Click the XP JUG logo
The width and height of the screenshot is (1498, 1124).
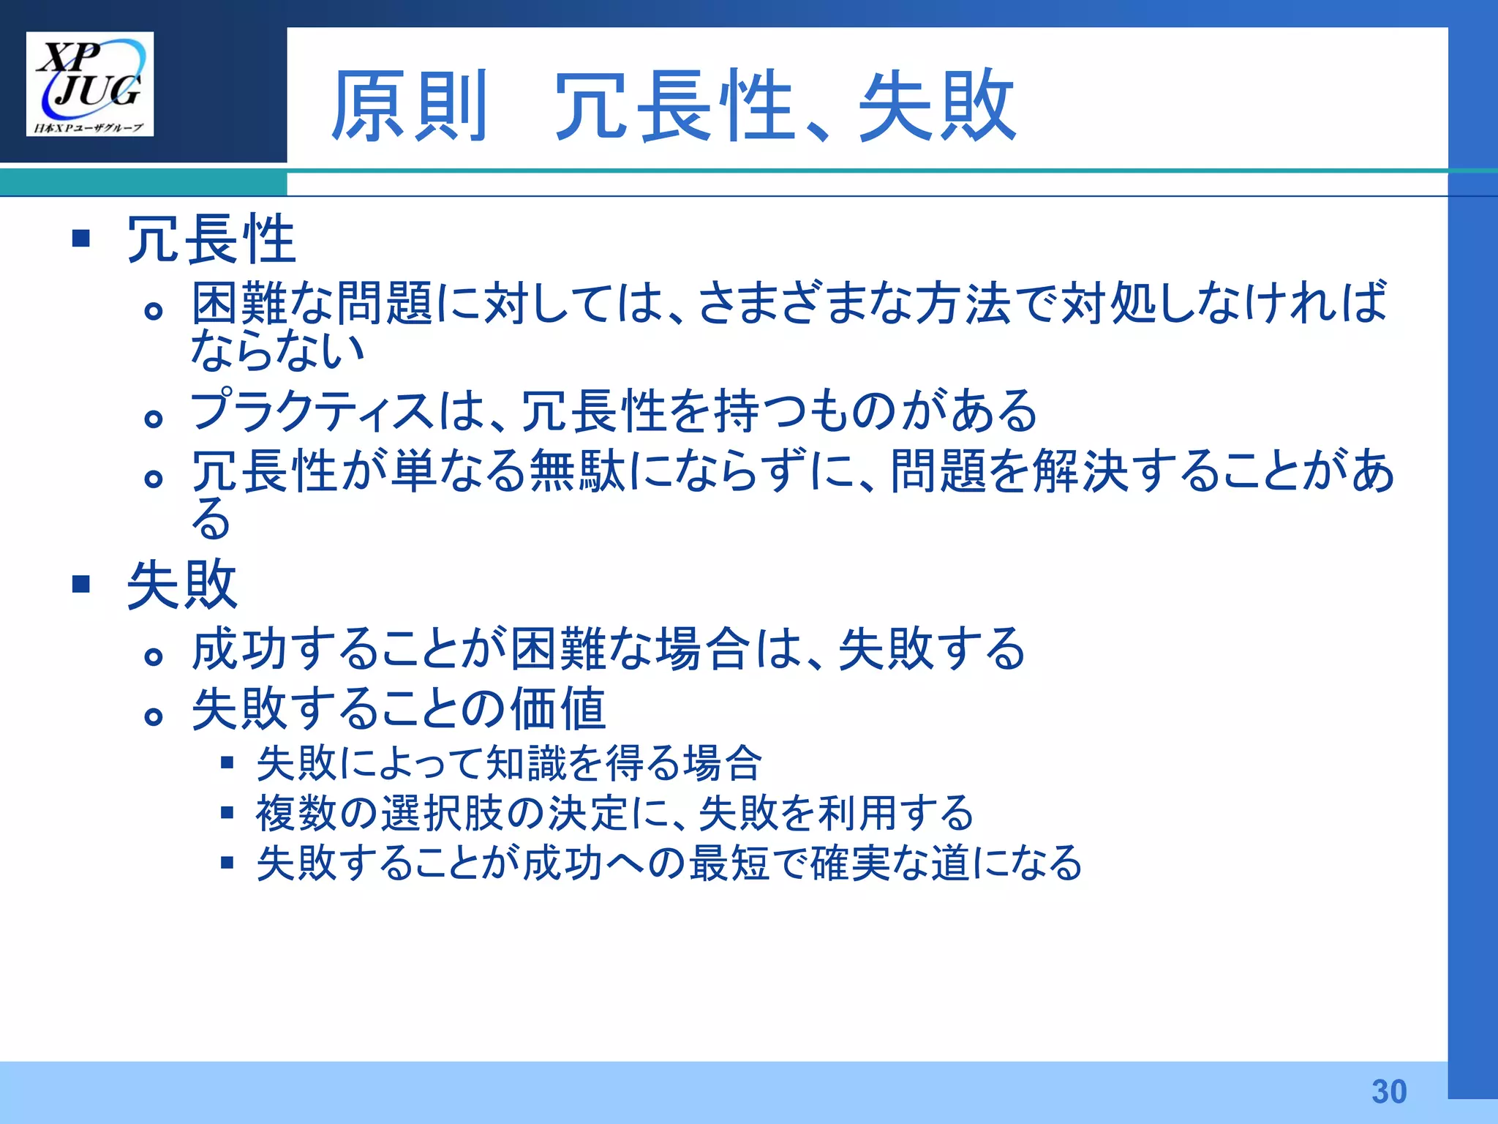(90, 83)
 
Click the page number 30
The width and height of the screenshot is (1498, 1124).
(1389, 1092)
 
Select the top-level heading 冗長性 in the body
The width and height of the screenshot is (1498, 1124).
(211, 239)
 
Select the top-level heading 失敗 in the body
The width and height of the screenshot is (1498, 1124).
(182, 585)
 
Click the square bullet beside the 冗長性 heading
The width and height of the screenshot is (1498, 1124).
(81, 239)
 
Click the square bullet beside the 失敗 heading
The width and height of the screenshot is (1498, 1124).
(81, 584)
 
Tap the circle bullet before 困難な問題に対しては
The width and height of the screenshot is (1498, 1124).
(153, 311)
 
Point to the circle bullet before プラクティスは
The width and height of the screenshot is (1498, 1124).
(153, 419)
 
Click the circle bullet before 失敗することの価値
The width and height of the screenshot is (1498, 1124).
(153, 716)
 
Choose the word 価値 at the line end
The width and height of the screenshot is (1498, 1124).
(558, 709)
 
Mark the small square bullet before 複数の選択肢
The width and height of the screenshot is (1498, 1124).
(227, 813)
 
